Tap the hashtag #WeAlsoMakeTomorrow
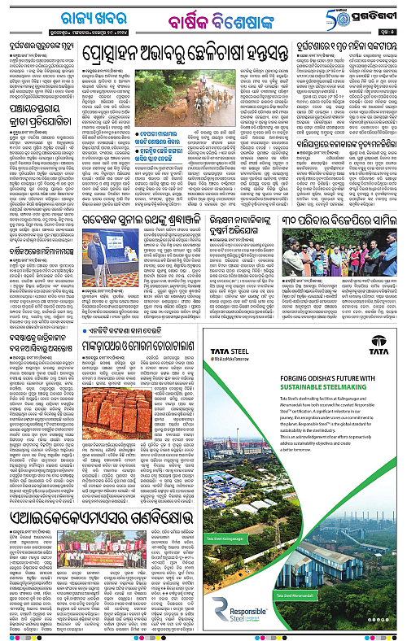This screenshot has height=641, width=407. click(x=229, y=359)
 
